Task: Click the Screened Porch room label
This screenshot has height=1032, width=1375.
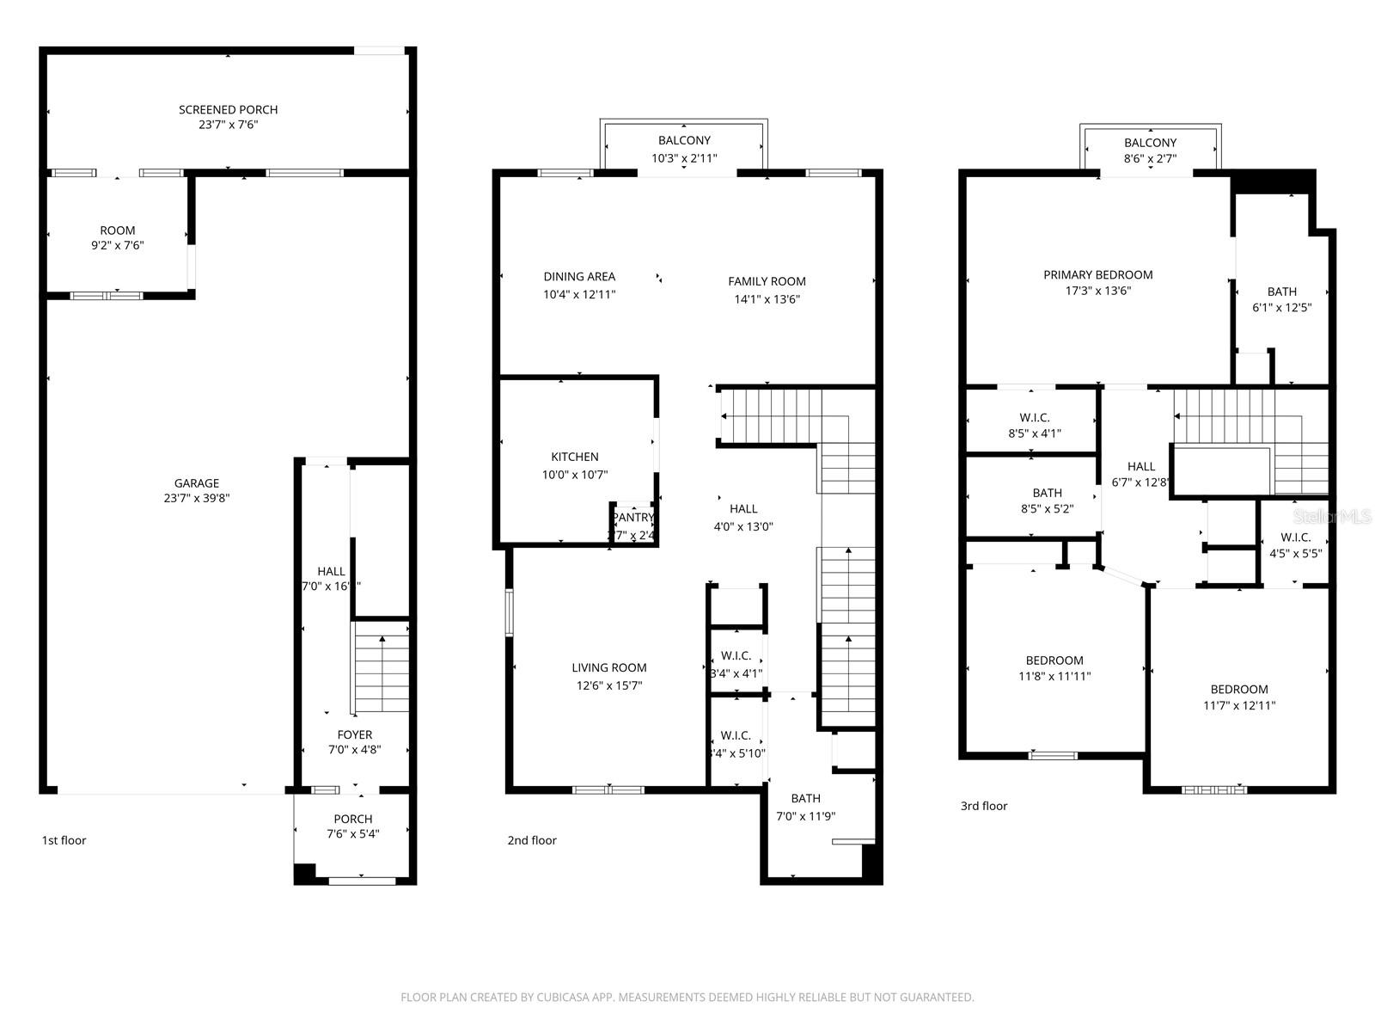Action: pos(228,110)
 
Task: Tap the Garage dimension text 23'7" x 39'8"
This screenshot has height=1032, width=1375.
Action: pos(197,499)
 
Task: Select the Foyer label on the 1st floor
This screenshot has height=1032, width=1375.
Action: pos(354,734)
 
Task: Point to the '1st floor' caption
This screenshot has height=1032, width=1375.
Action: pos(64,840)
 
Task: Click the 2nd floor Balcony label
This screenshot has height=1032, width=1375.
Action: pos(684,140)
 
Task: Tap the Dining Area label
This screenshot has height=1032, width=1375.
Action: pos(579,277)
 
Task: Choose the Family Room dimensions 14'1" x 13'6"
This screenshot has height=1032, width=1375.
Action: pos(767,299)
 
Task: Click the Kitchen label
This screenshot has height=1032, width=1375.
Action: pos(575,457)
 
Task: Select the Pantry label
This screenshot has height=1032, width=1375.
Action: pos(633,518)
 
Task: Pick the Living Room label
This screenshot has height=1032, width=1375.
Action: pos(609,667)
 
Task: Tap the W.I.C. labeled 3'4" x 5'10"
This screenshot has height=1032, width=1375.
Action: pos(736,736)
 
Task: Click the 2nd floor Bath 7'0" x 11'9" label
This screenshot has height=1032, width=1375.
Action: pos(805,798)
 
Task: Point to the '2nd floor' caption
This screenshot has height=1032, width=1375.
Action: pos(531,840)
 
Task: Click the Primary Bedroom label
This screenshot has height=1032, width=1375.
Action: pos(1097,275)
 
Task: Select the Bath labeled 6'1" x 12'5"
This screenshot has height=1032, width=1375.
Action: pos(1281,292)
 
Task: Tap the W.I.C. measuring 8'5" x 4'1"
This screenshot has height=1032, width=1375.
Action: pos(1035,418)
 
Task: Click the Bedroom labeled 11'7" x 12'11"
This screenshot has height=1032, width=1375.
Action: pos(1239,689)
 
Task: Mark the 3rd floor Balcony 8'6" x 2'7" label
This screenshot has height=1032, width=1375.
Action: pos(1150,143)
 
